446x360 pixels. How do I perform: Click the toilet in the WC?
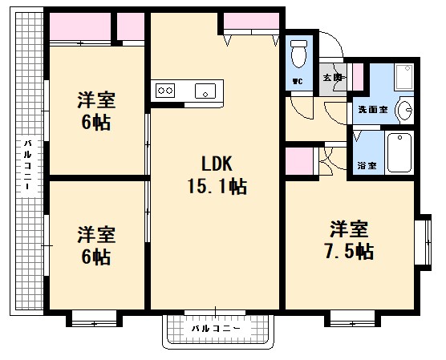coord(299,54)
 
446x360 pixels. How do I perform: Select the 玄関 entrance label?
coord(332,78)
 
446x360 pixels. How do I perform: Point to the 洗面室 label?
coord(373,109)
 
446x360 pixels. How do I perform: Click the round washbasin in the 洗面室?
coord(406,109)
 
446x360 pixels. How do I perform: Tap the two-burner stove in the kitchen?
coord(165,91)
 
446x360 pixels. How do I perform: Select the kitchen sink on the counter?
coord(207,91)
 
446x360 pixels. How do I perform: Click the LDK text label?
coord(216,164)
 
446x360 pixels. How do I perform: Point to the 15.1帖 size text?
coord(216,187)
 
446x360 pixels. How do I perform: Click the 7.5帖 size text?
coord(349,250)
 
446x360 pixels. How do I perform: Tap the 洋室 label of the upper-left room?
coord(96,101)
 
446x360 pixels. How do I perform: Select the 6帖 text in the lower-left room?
coord(96,257)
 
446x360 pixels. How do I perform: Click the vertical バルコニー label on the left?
coord(26,164)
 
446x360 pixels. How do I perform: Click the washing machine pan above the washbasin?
coord(401,79)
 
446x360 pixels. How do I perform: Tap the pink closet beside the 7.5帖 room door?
coord(299,161)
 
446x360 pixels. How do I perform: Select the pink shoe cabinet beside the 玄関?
coord(357,79)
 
